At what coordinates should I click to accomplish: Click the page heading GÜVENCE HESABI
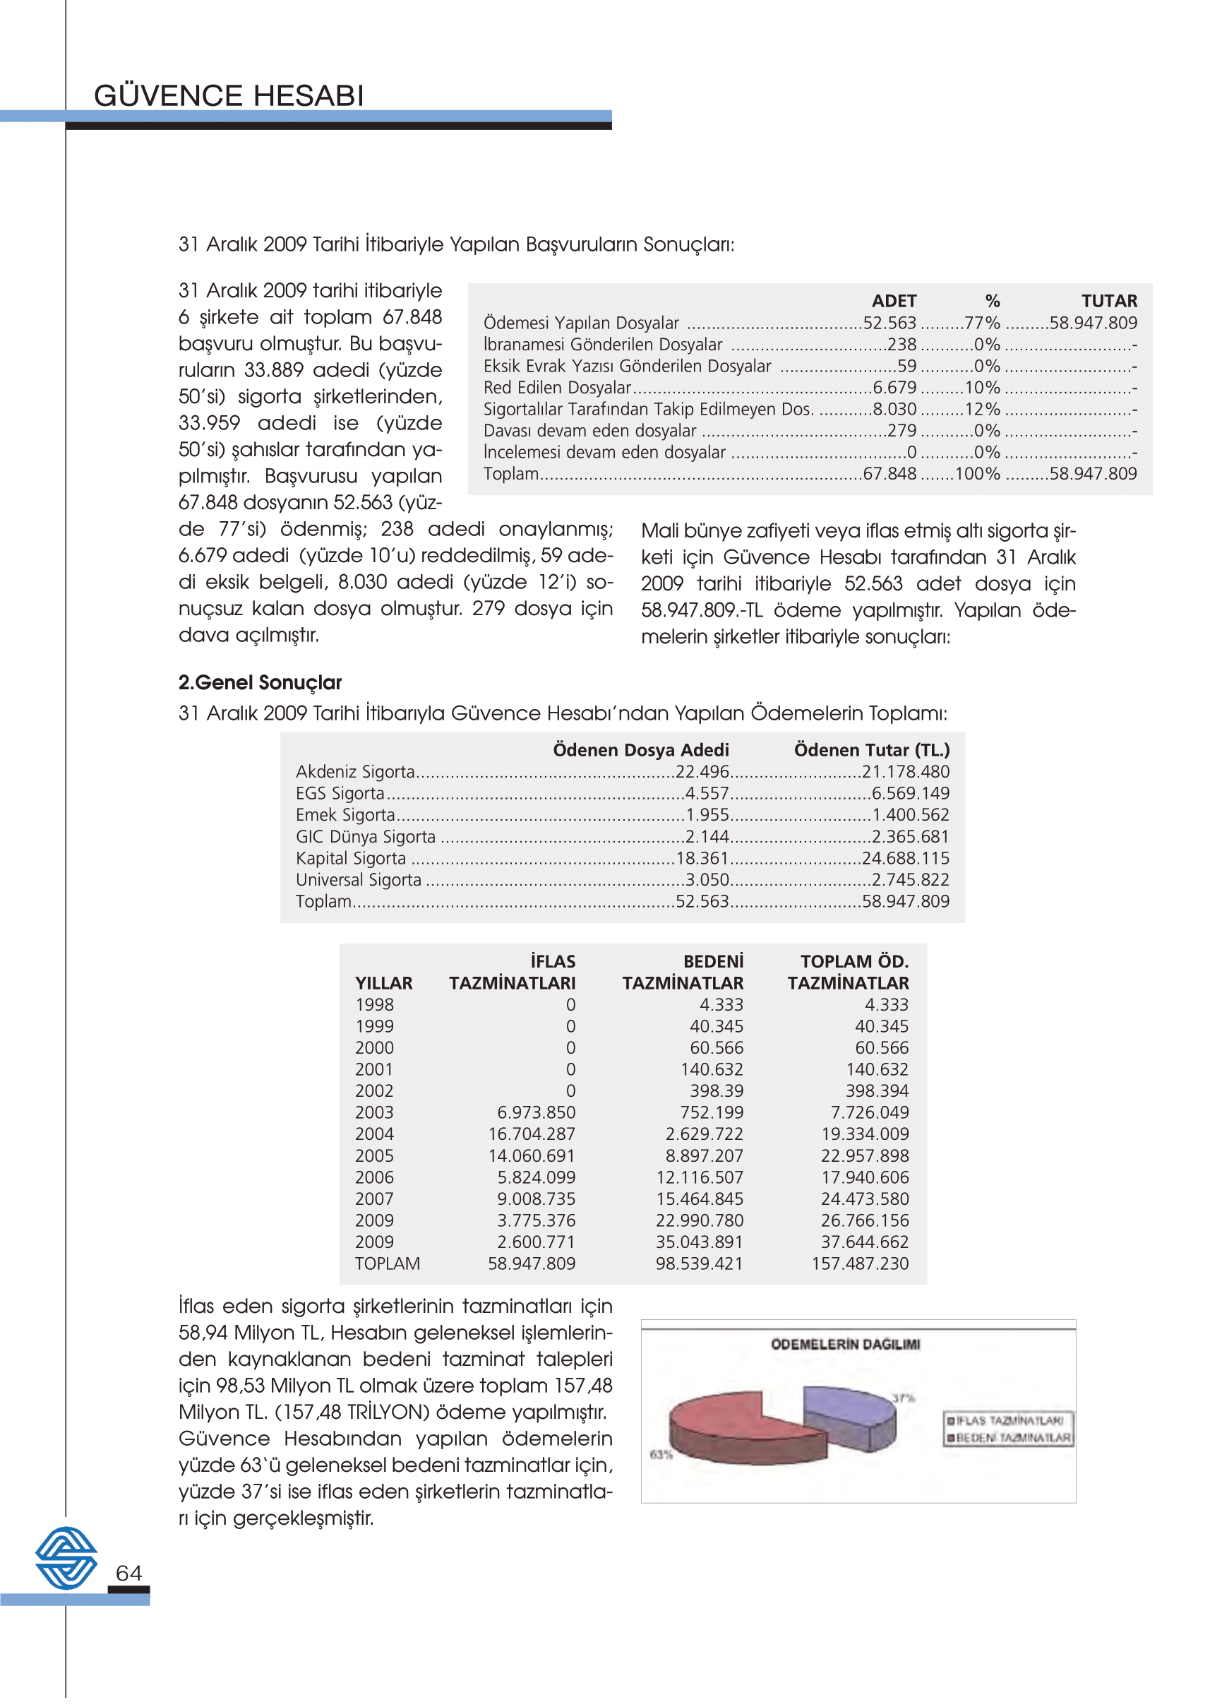229,96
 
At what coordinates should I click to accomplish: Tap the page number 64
128,1572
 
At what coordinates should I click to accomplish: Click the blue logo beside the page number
66,1557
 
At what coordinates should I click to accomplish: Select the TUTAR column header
1108,301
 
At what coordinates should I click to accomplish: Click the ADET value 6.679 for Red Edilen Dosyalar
894,388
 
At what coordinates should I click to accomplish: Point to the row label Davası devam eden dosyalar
589,432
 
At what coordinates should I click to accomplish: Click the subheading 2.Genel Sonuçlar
260,683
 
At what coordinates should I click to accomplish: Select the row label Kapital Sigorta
351,859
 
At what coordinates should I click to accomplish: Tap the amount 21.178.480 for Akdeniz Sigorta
905,772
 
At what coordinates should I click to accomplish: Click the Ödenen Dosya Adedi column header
640,750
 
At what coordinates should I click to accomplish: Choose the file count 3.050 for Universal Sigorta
707,880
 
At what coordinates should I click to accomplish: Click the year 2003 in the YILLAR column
374,1112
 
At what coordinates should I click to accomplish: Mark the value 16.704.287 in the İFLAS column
532,1134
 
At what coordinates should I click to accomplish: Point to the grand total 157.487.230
859,1263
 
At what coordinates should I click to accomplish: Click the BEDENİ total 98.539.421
698,1263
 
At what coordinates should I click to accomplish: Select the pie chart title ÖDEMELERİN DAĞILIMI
845,1345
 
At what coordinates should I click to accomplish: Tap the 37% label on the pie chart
903,1398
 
